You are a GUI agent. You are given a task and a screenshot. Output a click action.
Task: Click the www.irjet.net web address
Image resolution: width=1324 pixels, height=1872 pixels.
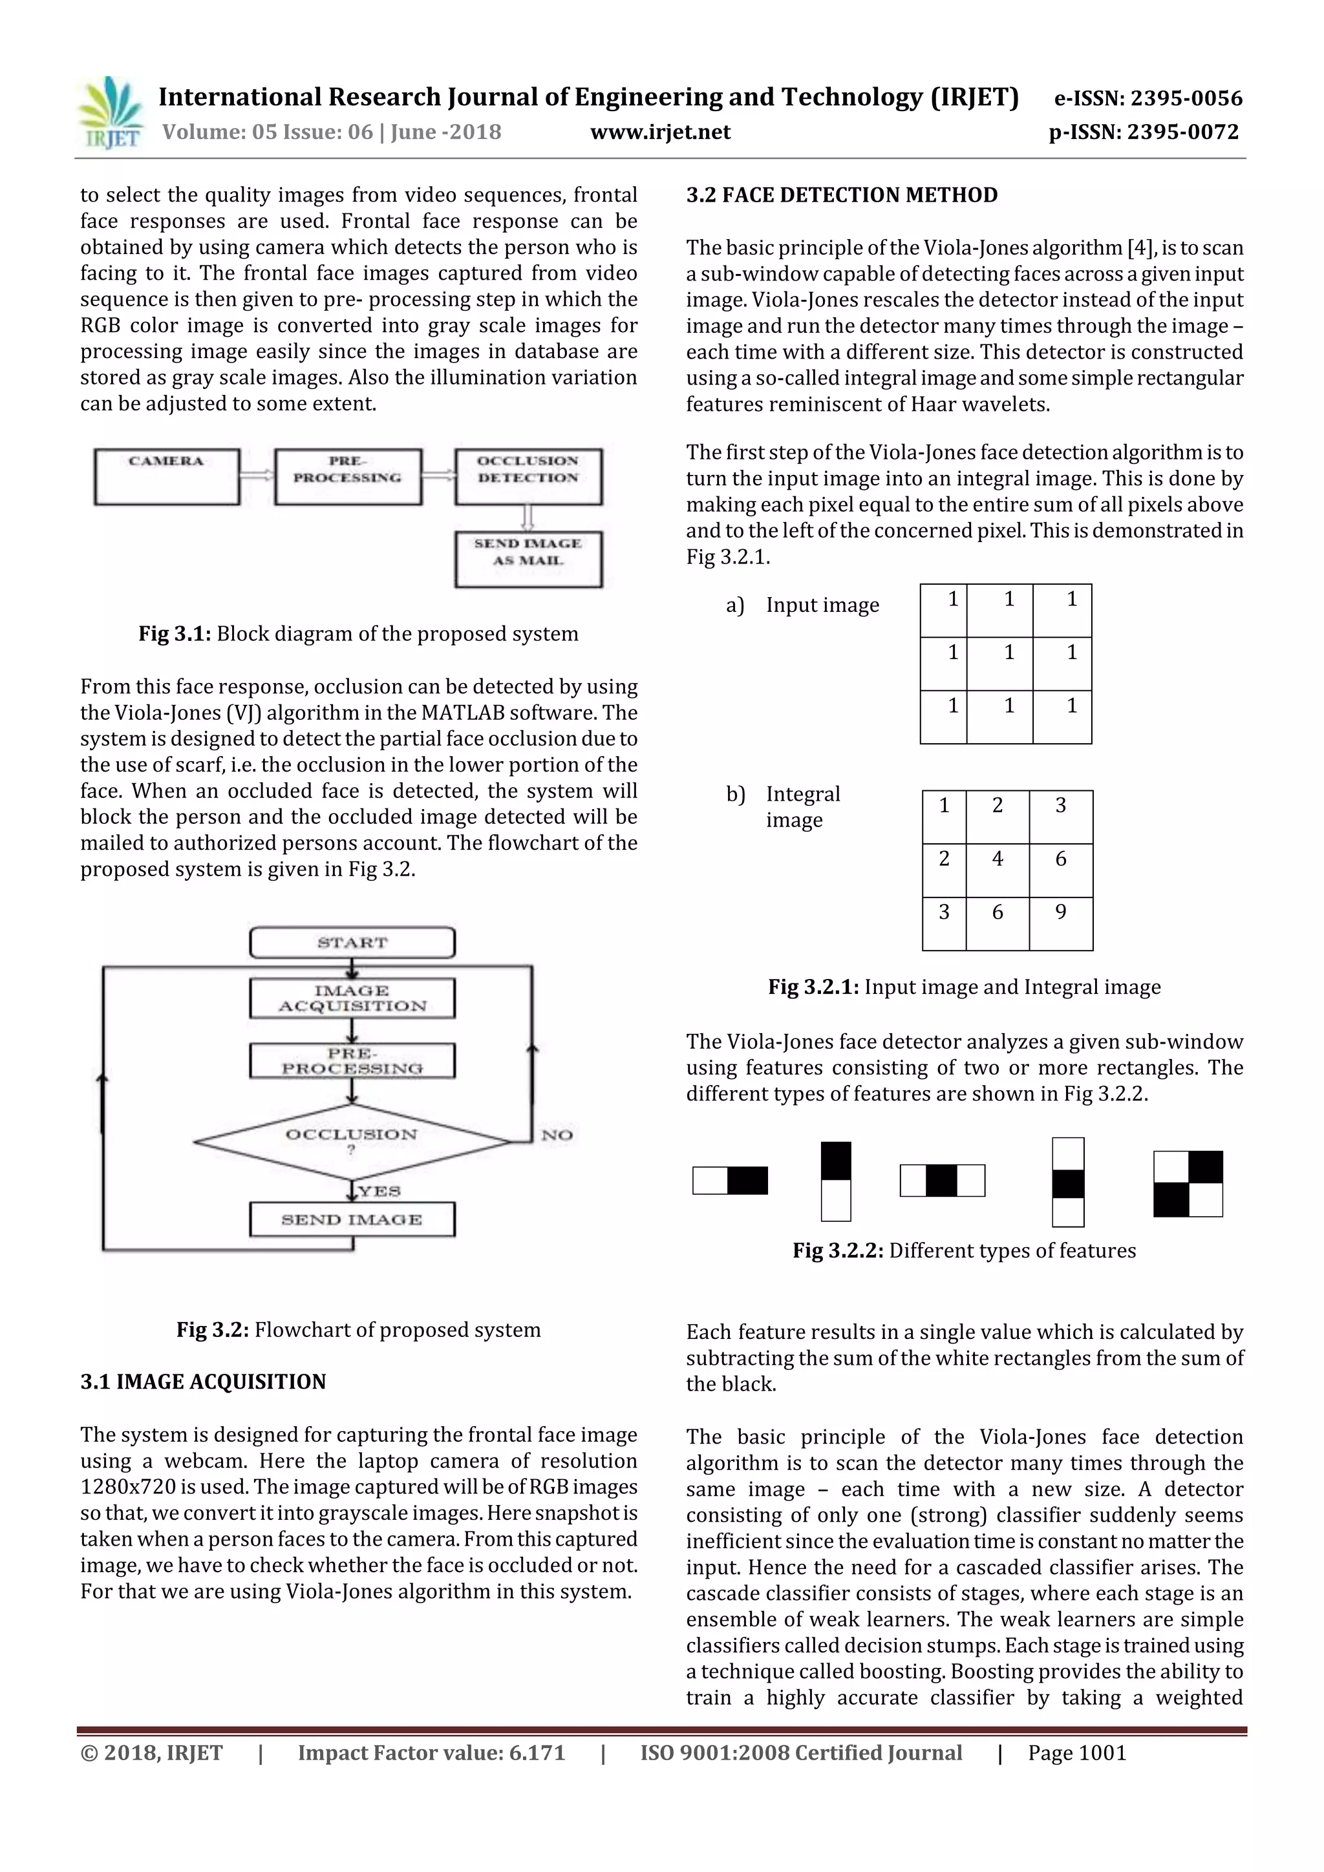(660, 132)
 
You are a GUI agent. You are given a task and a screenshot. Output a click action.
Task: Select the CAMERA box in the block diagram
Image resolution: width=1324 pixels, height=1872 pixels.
(166, 476)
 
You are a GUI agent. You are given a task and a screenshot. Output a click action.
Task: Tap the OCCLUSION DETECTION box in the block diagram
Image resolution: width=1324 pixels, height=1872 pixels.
(528, 476)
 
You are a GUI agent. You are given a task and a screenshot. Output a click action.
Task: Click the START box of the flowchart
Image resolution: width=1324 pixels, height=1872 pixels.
(352, 943)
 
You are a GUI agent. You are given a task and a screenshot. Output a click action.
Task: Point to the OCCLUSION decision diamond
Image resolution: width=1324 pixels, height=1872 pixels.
(352, 1141)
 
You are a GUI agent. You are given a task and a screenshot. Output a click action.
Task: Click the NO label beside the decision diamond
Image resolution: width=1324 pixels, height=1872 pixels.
(557, 1135)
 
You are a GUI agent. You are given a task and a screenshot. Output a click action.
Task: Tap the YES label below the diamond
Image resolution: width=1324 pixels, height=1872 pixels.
(379, 1191)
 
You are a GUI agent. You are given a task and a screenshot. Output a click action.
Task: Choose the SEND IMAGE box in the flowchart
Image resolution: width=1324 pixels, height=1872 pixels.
(352, 1220)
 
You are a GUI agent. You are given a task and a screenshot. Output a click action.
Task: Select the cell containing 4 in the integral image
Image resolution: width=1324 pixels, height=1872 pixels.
(997, 869)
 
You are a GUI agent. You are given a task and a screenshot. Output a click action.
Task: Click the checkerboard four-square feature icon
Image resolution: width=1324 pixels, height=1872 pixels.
(1188, 1184)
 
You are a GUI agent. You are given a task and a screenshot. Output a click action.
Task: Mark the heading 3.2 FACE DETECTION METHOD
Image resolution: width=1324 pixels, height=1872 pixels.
(841, 195)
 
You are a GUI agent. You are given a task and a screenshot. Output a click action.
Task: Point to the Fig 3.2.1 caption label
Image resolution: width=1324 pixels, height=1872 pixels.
(813, 987)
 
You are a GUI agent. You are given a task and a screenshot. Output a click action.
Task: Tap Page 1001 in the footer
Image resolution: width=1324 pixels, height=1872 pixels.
(1077, 1753)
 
